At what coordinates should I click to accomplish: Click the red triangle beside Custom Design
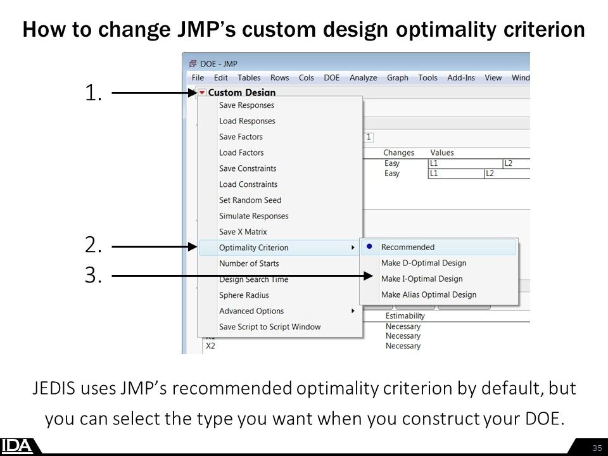pos(201,92)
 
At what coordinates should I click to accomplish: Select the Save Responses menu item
pos(246,105)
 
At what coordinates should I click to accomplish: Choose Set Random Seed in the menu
pos(250,200)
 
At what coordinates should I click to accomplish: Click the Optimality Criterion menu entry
pos(253,248)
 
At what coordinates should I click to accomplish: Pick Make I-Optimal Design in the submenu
pos(422,279)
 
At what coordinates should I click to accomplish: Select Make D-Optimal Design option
pos(423,263)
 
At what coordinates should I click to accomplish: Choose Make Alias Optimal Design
pos(428,294)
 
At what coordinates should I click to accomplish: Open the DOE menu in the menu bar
pos(331,78)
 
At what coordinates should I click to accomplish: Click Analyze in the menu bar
pos(363,78)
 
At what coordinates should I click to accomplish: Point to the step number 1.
pos(92,94)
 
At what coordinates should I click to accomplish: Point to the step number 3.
pos(92,276)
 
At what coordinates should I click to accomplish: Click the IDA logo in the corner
pos(17,446)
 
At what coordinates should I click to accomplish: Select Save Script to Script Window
pos(270,327)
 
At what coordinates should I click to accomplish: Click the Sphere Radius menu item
pos(244,295)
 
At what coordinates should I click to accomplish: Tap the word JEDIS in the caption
pos(55,388)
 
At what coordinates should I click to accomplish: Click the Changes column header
pos(398,153)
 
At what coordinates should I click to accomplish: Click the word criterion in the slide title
pos(536,29)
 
